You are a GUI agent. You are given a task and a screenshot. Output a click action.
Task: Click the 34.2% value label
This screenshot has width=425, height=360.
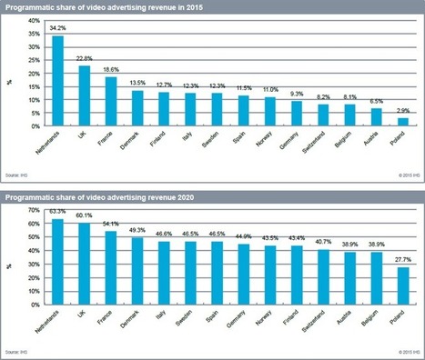point(58,31)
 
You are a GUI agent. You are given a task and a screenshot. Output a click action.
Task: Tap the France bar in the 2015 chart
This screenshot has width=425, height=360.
point(111,101)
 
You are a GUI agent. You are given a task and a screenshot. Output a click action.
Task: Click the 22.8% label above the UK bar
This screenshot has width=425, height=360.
point(85,58)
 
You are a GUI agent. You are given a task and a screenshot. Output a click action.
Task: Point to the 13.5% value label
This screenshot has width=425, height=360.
point(137,83)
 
